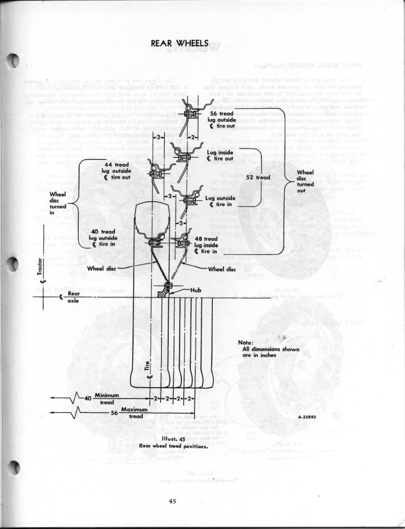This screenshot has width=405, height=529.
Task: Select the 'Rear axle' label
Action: (x=72, y=297)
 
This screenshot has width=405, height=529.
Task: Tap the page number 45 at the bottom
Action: (x=173, y=501)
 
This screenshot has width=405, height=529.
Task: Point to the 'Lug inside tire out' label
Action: (x=222, y=155)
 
